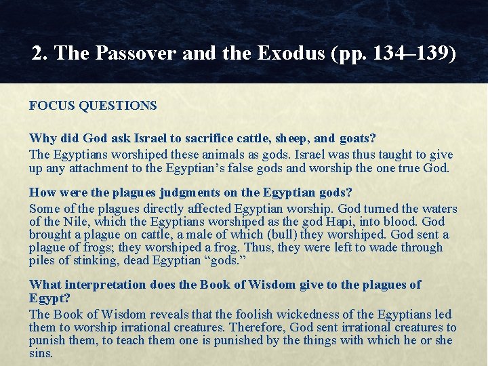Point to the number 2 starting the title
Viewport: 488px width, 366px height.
(37, 54)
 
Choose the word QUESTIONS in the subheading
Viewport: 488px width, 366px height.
(118, 106)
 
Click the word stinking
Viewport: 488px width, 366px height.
(86, 261)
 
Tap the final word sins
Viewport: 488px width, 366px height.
(42, 353)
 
